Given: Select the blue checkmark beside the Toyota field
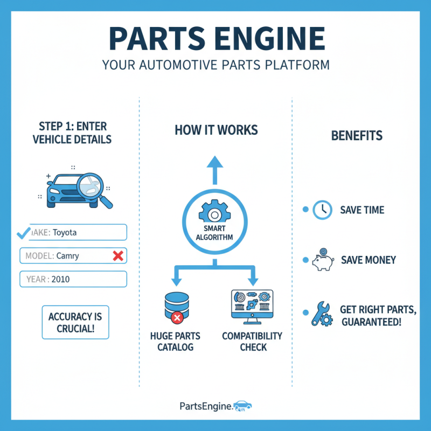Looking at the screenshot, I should [23, 233].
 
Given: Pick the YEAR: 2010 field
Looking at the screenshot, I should [73, 279].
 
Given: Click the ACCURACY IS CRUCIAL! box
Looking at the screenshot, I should [75, 322].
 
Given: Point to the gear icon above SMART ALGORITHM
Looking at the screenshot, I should [214, 213].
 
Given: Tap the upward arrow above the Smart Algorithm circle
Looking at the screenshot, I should [214, 168].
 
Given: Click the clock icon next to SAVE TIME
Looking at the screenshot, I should [322, 210].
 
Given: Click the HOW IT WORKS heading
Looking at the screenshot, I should [216, 130].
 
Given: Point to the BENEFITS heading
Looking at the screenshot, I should [357, 135].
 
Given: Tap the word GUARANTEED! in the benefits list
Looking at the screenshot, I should [371, 322].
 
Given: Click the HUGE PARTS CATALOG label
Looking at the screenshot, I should [175, 341].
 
